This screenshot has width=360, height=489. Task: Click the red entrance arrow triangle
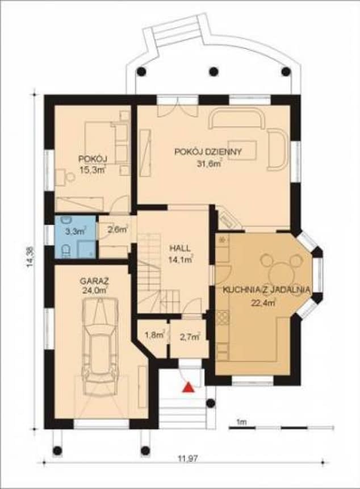tap(186, 387)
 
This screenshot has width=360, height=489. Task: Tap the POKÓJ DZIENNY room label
tap(208, 152)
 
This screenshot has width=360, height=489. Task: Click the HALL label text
tap(180, 249)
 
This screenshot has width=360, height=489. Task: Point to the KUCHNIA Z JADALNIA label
tap(266, 290)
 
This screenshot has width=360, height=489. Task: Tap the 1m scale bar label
tap(242, 421)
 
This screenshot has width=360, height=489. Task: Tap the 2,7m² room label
tap(190, 337)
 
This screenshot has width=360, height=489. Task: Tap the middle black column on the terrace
tap(214, 72)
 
